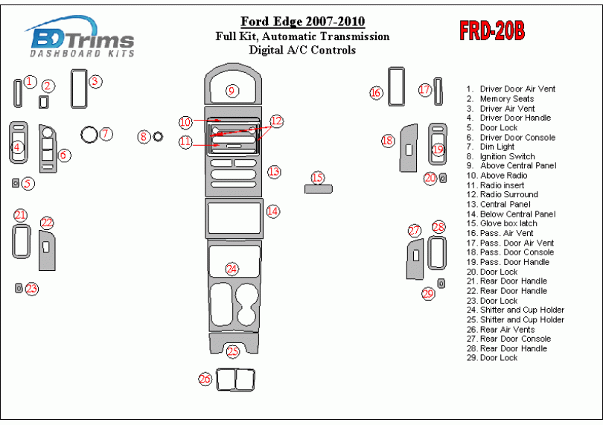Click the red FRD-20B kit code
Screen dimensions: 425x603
click(492, 31)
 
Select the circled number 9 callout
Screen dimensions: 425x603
click(232, 91)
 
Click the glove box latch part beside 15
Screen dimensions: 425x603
click(318, 188)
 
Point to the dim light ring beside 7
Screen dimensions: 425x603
click(89, 135)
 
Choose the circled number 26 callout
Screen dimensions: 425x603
click(205, 379)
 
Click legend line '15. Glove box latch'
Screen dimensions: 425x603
click(509, 224)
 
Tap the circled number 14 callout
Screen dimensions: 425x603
click(273, 211)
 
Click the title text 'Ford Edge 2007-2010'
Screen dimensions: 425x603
click(302, 22)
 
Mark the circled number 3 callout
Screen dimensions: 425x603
click(95, 81)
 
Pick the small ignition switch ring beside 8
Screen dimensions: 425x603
click(158, 136)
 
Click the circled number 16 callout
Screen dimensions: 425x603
click(376, 92)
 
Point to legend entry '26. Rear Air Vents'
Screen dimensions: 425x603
click(507, 330)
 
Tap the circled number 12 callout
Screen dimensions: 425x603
click(276, 121)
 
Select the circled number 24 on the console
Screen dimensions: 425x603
click(232, 269)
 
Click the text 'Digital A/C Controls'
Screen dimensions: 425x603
click(302, 51)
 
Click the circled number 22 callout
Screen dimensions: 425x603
click(47, 223)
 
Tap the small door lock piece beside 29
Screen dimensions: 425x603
click(441, 283)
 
